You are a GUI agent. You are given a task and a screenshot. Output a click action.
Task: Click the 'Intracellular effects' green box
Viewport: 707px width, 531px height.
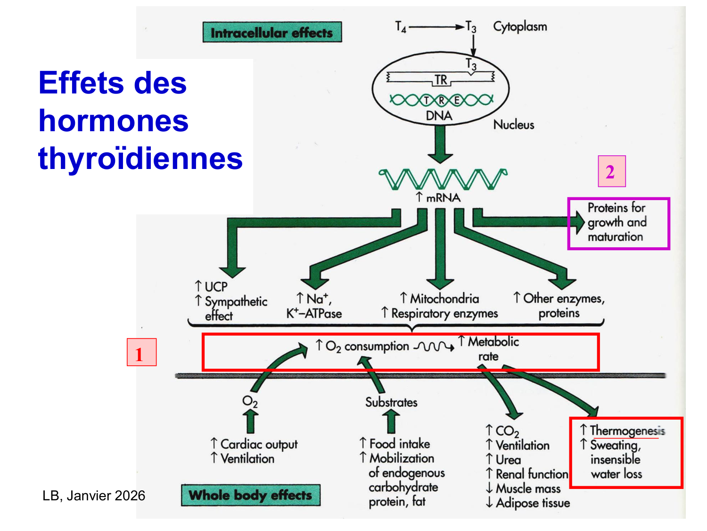tap(272, 32)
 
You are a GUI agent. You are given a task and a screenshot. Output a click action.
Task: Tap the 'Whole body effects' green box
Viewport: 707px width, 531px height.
tap(250, 495)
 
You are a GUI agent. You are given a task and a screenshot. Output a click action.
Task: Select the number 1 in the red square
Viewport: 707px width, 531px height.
tap(141, 353)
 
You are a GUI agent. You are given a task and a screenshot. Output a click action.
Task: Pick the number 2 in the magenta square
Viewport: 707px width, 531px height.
tap(611, 171)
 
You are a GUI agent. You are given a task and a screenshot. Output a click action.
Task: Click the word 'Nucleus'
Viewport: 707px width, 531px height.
tap(514, 125)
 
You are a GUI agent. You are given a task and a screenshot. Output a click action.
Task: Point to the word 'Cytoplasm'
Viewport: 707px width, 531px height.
tap(520, 26)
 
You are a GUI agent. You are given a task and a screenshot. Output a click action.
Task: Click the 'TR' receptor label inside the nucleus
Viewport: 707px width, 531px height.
tap(441, 80)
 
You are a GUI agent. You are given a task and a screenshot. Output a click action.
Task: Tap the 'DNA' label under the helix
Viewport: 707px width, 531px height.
tap(439, 116)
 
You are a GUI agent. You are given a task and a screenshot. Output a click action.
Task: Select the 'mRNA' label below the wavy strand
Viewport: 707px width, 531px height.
tap(443, 198)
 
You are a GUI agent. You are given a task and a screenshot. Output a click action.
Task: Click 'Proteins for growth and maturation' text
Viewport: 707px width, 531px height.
tap(617, 222)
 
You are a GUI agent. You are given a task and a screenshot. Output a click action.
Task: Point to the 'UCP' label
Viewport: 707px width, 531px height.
tap(216, 287)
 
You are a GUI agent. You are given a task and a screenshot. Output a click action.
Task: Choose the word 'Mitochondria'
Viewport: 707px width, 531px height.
tap(444, 298)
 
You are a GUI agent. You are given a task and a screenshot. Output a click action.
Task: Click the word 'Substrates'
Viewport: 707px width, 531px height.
tap(391, 402)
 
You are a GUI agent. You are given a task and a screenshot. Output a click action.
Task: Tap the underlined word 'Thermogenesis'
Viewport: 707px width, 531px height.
tap(627, 430)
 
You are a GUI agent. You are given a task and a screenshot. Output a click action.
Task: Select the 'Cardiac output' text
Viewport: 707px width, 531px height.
tap(259, 444)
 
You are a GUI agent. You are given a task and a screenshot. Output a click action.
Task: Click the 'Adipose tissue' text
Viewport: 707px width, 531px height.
tap(533, 503)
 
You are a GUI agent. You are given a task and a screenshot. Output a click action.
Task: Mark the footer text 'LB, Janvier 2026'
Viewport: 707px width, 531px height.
tap(94, 496)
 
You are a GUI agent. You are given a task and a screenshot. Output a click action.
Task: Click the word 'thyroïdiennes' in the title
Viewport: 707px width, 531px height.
tap(140, 158)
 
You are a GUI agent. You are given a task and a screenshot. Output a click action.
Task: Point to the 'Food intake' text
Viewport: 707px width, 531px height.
tap(399, 444)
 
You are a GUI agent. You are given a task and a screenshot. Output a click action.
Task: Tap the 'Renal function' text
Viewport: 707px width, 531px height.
tap(532, 474)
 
